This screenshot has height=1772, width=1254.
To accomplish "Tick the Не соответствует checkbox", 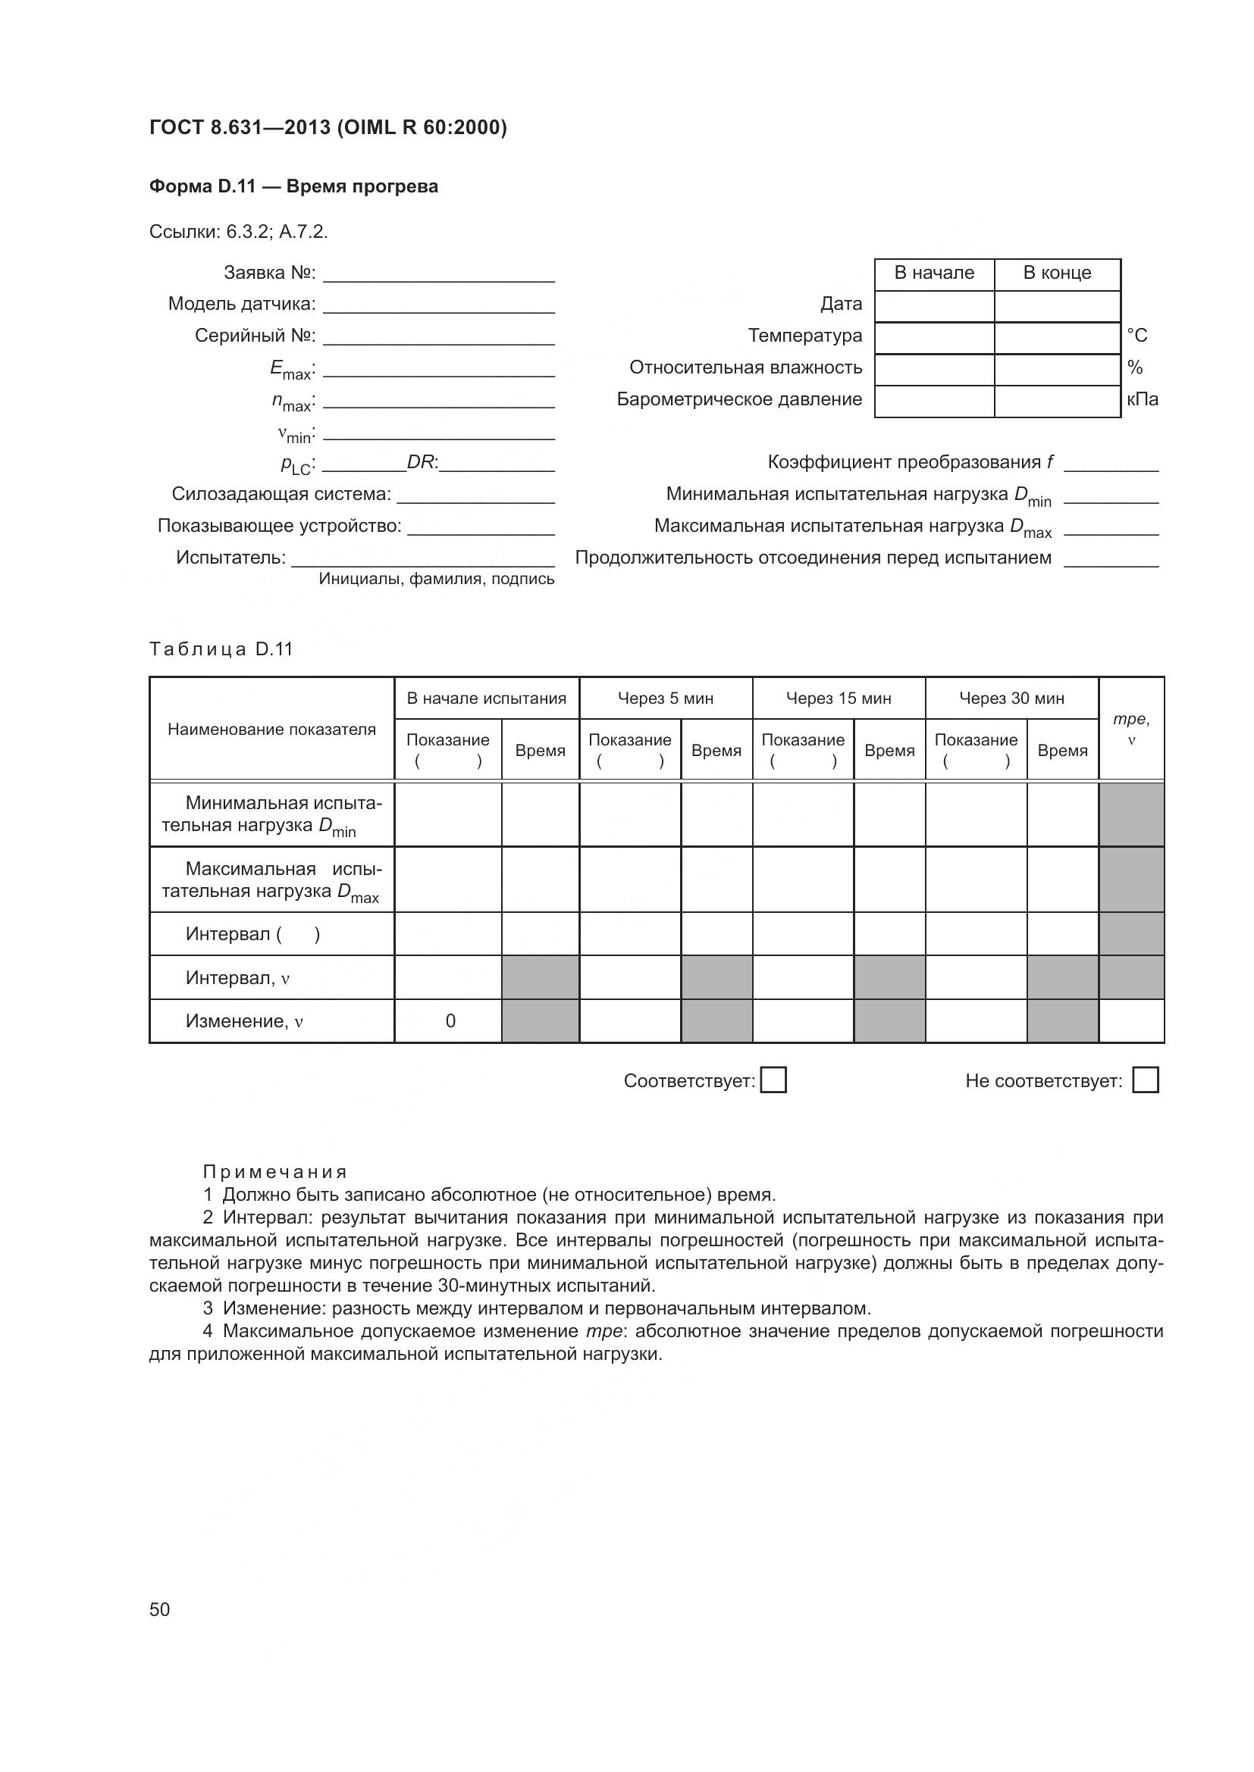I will [x=1145, y=1080].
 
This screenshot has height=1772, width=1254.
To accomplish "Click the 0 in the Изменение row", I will [x=450, y=1021].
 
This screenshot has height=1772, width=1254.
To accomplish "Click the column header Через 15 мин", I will [x=839, y=698].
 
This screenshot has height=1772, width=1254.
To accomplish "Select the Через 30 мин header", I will [x=1011, y=698].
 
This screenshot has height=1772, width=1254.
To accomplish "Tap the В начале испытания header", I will [x=487, y=698].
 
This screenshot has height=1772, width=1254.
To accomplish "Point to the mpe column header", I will [x=1131, y=729].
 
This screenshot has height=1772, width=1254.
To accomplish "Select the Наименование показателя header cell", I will [x=272, y=730].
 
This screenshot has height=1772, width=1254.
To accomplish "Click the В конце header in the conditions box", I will [x=1057, y=273].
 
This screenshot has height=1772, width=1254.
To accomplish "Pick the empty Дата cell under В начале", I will [x=934, y=305].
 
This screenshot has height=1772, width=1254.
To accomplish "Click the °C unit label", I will [x=1136, y=336].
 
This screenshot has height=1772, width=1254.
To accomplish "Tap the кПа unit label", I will [x=1143, y=400].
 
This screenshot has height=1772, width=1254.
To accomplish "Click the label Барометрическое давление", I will [x=739, y=400].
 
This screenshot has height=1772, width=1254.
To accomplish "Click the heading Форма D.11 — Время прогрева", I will [x=293, y=187].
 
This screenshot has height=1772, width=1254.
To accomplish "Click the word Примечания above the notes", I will [x=276, y=1171].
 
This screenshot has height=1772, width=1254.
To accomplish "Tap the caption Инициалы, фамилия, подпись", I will [x=436, y=579].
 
